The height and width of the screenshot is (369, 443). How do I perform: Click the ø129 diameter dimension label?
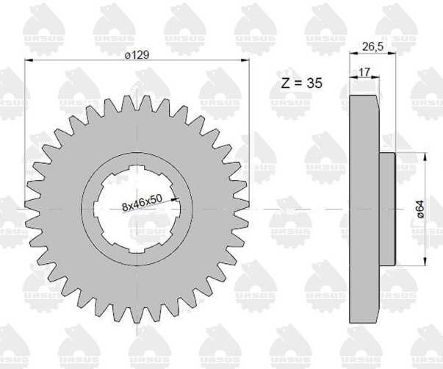[x=137, y=54]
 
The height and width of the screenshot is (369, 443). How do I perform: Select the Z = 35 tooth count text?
[x=302, y=83]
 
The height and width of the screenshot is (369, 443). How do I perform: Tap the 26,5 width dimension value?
[x=372, y=46]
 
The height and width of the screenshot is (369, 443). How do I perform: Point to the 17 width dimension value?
[x=364, y=72]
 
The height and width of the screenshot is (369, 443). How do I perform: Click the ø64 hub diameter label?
[x=420, y=209]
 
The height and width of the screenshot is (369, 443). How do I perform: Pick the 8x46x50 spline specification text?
[x=143, y=203]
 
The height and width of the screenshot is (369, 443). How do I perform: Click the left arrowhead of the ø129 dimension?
[x=29, y=60]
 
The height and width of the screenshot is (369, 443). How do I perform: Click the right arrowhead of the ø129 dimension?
[x=245, y=60]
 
